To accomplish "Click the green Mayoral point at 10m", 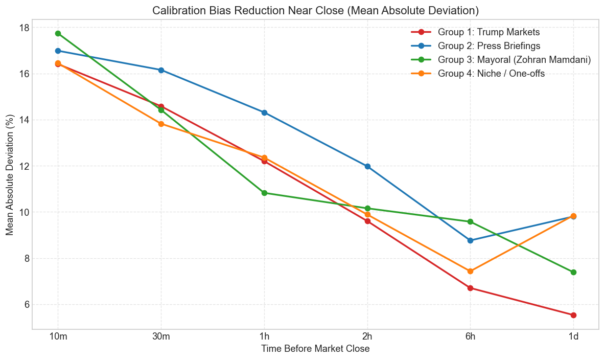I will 58,34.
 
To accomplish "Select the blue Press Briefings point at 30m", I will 161,70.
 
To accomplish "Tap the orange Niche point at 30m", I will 161,124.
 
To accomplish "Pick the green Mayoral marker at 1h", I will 264,193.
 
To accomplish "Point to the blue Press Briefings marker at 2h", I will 367,166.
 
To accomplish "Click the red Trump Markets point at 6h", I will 470,288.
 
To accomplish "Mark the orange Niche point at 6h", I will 470,271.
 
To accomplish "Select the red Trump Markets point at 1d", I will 573,315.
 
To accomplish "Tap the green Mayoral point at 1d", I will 573,272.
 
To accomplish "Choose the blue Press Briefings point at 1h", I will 264,112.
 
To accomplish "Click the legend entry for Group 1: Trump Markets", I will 489,32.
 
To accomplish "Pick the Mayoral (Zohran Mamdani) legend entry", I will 514,60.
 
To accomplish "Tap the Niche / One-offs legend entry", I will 491,74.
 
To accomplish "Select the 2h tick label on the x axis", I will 367,337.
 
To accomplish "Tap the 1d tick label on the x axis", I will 573,337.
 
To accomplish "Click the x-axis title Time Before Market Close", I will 315,349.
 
